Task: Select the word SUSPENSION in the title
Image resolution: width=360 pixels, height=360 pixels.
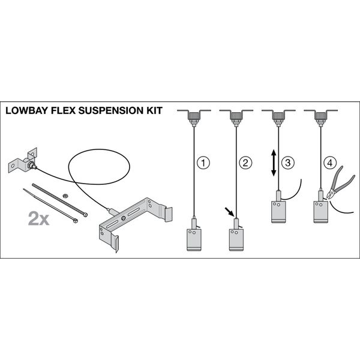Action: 111,110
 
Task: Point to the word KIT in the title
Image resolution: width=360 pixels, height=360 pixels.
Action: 155,110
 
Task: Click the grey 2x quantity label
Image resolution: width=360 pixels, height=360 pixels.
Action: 38,219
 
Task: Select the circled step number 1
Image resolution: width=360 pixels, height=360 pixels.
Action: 203,163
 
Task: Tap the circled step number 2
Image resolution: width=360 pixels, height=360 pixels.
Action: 245,163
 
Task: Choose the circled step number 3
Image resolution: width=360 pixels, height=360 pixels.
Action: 287,163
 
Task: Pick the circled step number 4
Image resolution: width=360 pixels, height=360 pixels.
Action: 330,163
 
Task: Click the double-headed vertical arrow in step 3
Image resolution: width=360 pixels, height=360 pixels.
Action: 274,163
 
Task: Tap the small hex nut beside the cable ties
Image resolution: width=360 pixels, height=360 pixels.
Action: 65,196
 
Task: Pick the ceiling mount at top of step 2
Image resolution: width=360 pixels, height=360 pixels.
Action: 236,117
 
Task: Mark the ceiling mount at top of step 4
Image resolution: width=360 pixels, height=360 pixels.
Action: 321,117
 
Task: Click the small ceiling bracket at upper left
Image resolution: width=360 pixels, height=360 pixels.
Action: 23,160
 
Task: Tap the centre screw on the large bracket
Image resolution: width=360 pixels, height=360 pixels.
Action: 124,218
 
